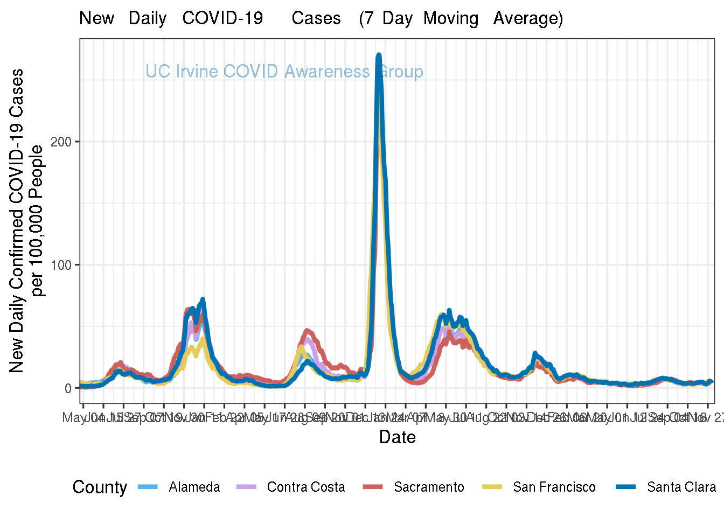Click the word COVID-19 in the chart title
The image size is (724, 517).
point(222,18)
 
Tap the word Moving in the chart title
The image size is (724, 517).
point(451,18)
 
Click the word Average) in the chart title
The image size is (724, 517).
point(528,18)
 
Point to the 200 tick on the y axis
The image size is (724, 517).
point(61,142)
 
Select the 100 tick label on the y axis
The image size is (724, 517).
point(61,265)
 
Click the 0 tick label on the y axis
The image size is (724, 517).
point(68,388)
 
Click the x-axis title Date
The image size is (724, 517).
point(398,437)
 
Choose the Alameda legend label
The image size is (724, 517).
point(194,487)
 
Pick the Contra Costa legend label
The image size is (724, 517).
point(306,487)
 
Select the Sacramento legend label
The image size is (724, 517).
point(429,487)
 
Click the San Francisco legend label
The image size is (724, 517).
point(554,487)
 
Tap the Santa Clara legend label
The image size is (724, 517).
point(681,487)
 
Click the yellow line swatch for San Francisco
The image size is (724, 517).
point(490,487)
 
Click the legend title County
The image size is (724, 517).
point(100,487)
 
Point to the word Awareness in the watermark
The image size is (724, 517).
point(327,71)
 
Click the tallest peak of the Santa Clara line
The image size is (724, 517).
point(379,55)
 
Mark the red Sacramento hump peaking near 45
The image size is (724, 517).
point(307,331)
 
